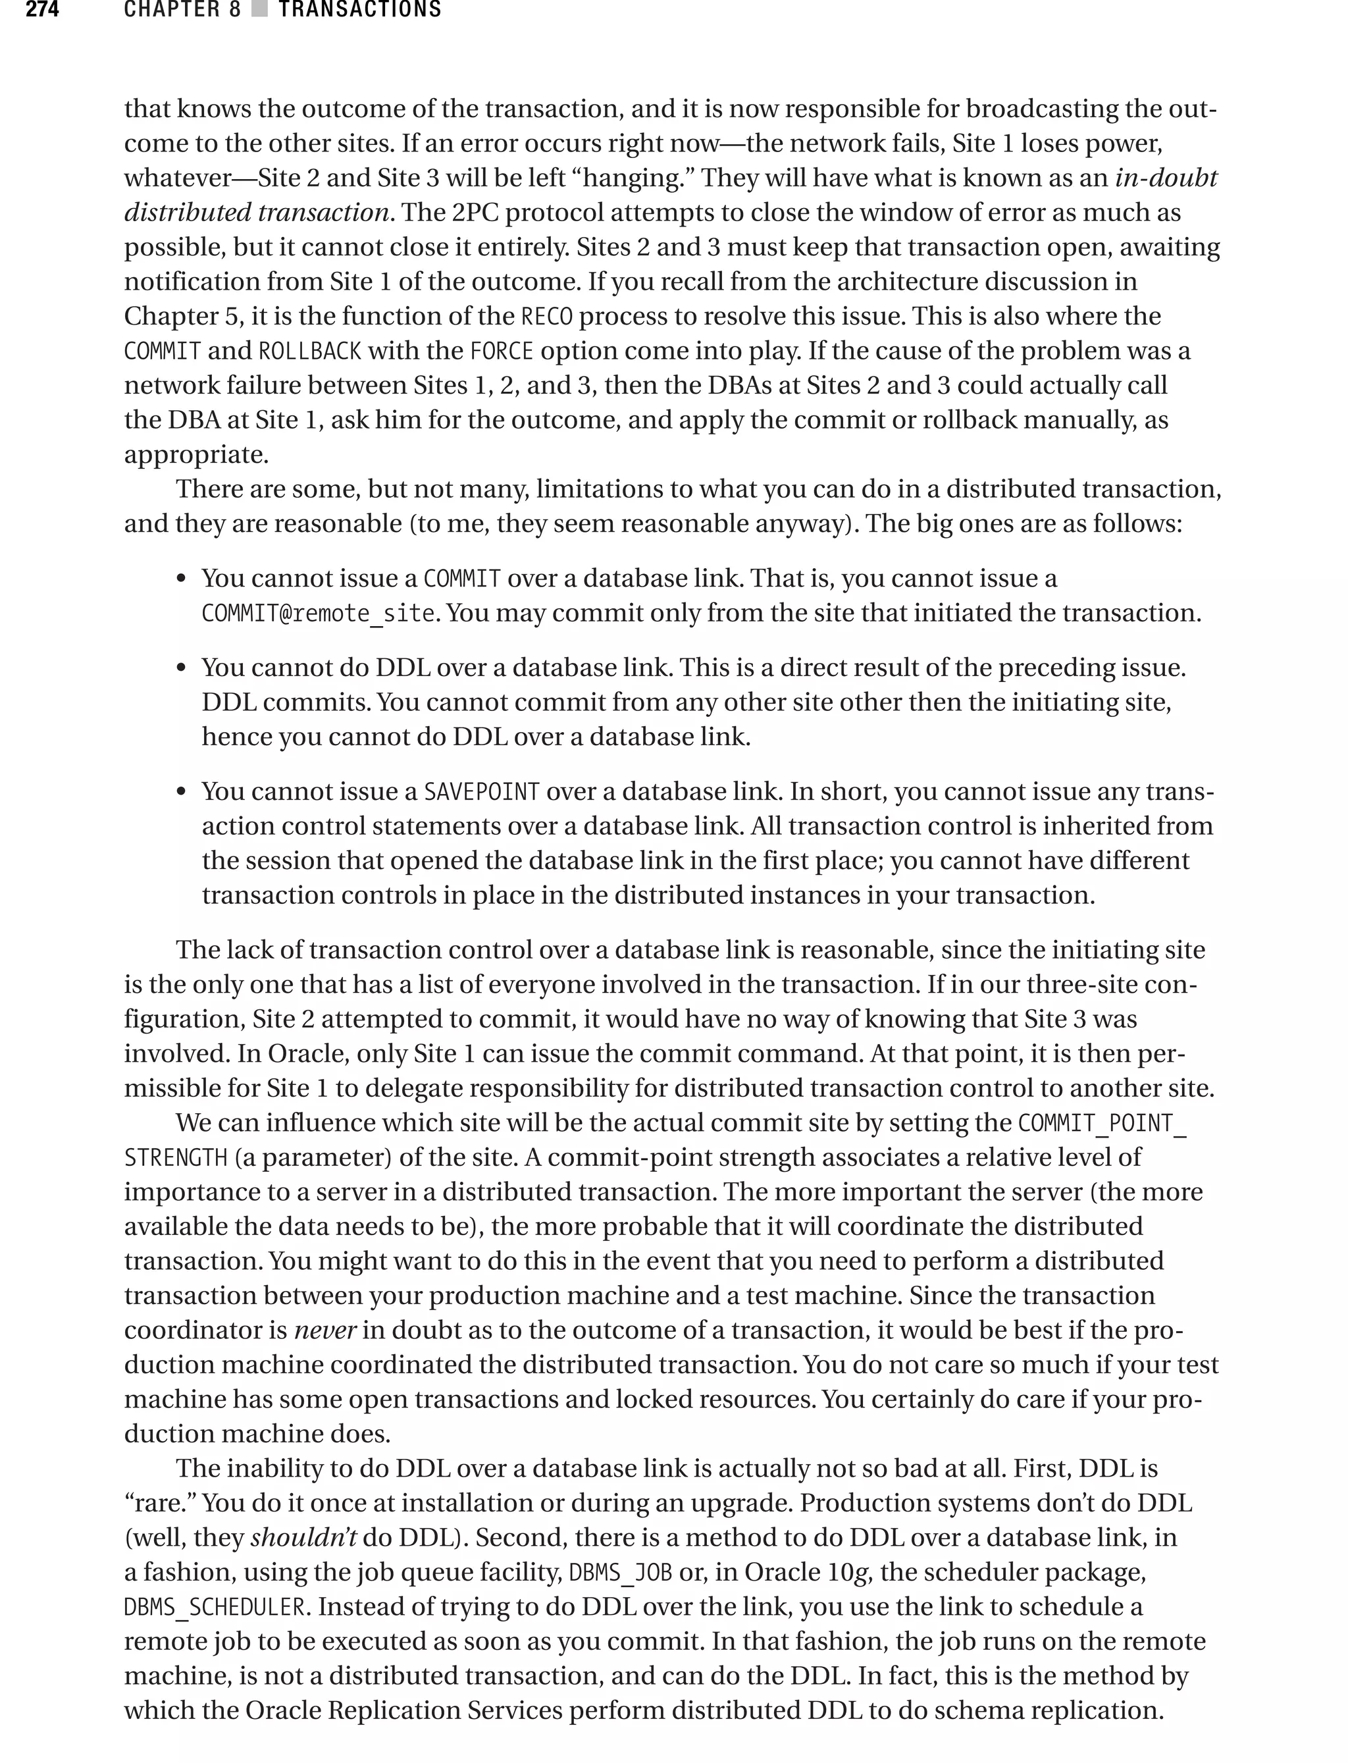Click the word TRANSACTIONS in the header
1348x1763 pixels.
coord(359,10)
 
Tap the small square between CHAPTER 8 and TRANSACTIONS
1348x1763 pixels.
coord(259,10)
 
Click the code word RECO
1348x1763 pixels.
coord(546,317)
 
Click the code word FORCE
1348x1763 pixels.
coord(502,352)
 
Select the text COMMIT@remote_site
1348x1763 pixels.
coord(319,614)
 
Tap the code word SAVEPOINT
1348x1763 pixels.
coord(481,792)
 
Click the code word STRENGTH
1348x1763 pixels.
coord(176,1158)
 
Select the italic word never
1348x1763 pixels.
coord(325,1330)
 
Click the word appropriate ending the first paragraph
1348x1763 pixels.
coord(195,455)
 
